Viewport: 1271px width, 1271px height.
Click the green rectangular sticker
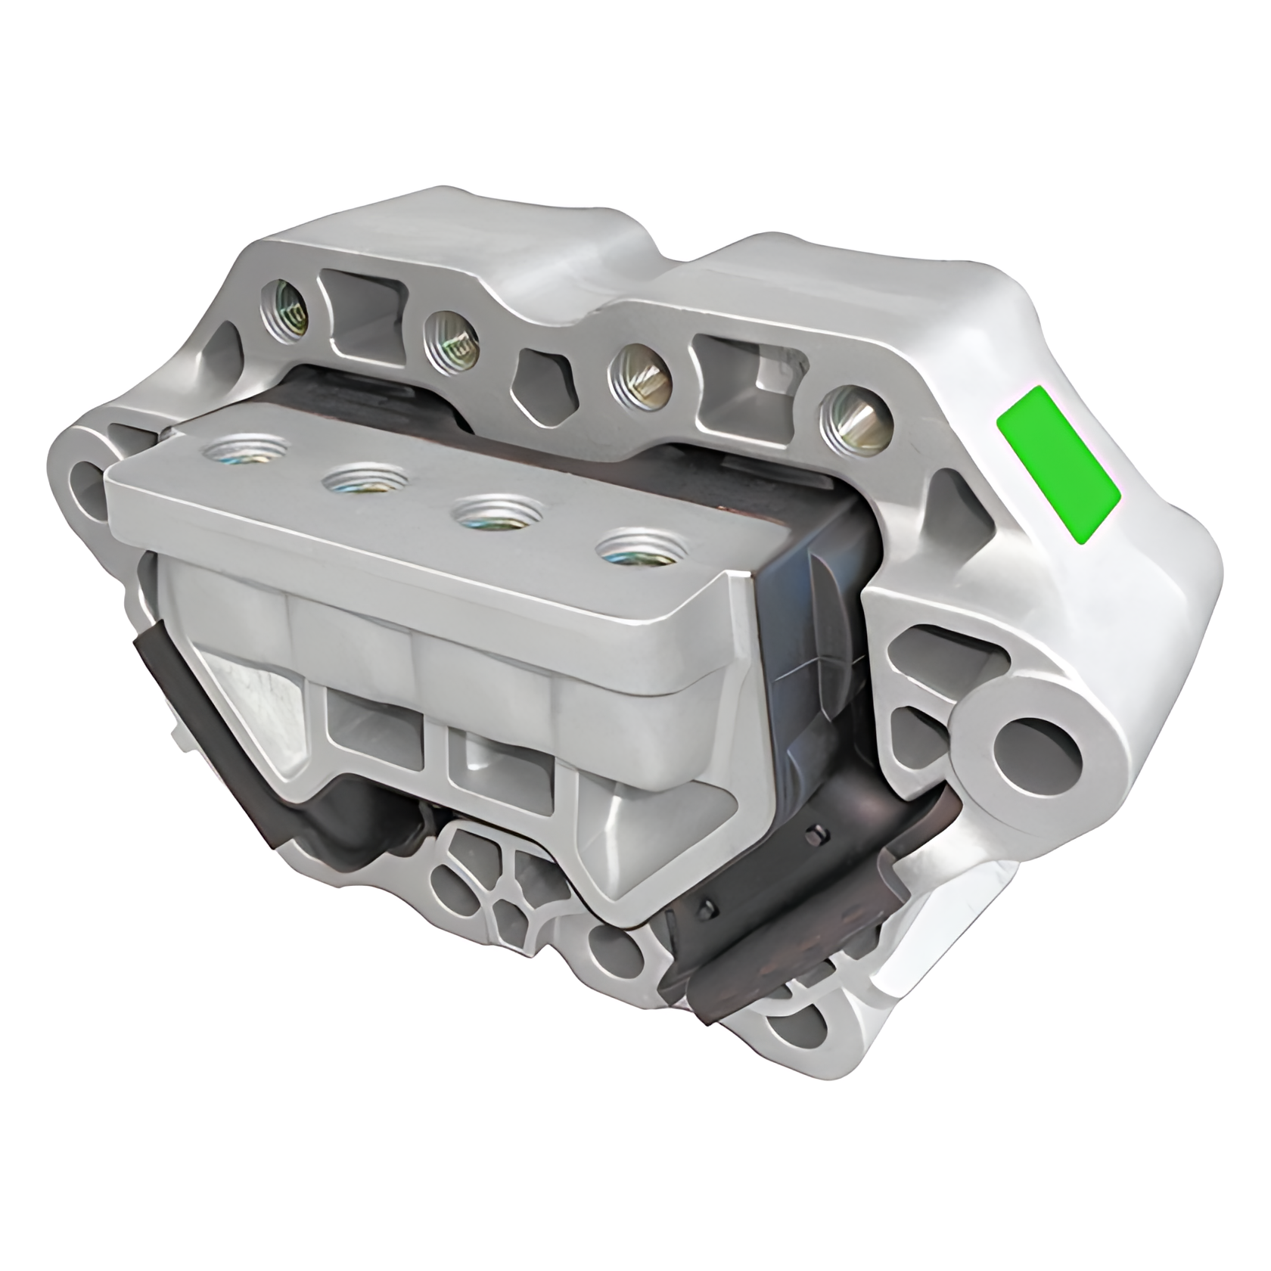pos(1058,464)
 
